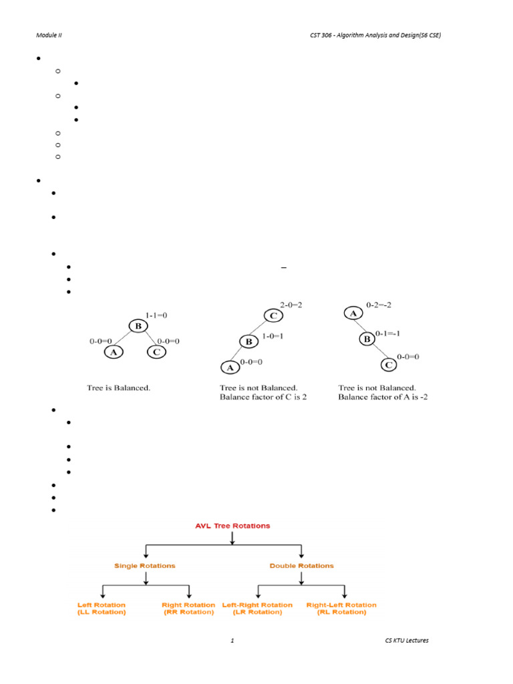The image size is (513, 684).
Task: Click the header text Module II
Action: (x=49, y=35)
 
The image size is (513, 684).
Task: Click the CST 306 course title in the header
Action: (x=371, y=35)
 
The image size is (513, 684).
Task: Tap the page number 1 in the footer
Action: (x=232, y=641)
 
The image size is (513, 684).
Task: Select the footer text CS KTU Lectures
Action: (x=407, y=641)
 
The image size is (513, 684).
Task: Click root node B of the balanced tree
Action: (x=138, y=327)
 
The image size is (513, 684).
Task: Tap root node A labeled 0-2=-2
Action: (x=353, y=313)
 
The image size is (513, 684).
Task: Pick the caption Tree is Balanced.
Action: (x=118, y=387)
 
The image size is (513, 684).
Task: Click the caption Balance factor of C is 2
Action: (x=263, y=397)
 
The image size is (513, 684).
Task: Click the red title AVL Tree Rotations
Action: (x=232, y=526)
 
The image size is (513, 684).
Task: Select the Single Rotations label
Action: (x=145, y=566)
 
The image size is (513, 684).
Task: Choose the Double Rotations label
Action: (x=301, y=566)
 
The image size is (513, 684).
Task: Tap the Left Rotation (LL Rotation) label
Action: (x=102, y=609)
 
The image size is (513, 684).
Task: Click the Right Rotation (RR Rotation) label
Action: (x=188, y=609)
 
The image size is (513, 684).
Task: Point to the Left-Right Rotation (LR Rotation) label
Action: (x=257, y=609)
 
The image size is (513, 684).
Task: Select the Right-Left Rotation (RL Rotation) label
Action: (x=341, y=609)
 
